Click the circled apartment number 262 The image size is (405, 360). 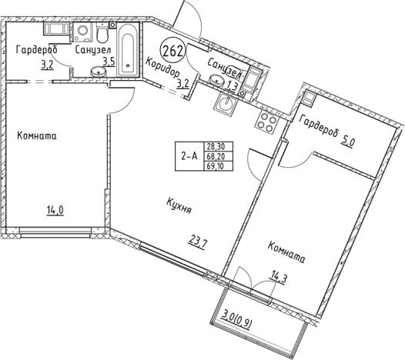pyautogui.click(x=173, y=51)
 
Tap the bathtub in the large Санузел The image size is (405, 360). pyautogui.click(x=128, y=50)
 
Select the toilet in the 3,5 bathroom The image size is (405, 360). pyautogui.click(x=102, y=33)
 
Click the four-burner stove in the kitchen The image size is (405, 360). pyautogui.click(x=267, y=121)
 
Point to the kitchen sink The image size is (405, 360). pyautogui.click(x=225, y=102)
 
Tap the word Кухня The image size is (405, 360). pyautogui.click(x=179, y=205)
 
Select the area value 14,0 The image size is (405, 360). pyautogui.click(x=55, y=211)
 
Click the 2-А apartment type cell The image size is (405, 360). pyautogui.click(x=189, y=156)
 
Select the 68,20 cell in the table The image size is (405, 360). pyautogui.click(x=218, y=156)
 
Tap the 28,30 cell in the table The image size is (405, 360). pyautogui.click(x=218, y=147)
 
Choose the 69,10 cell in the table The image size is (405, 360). pyautogui.click(x=218, y=166)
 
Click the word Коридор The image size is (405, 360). pyautogui.click(x=162, y=68)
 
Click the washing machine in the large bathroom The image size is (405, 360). pyautogui.click(x=83, y=32)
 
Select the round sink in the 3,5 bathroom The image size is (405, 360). pyautogui.click(x=98, y=72)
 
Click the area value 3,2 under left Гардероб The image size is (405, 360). pyautogui.click(x=47, y=65)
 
